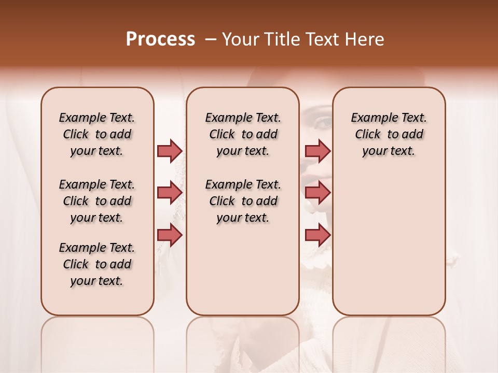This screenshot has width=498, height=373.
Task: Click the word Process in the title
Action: click(x=160, y=39)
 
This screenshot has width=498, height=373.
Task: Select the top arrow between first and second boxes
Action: click(x=170, y=151)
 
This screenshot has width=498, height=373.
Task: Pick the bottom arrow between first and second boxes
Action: click(x=170, y=235)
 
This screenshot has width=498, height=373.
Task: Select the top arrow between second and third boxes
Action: click(x=317, y=151)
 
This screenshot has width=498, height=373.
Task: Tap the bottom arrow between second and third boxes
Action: click(x=317, y=235)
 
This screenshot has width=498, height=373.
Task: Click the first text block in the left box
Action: click(x=97, y=134)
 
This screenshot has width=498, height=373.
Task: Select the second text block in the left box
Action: click(x=97, y=201)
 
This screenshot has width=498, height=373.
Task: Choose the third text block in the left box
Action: click(x=97, y=264)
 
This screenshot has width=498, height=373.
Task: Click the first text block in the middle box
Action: click(x=243, y=134)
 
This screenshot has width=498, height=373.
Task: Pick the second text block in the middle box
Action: click(x=243, y=201)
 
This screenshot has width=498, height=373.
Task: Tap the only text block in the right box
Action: click(x=389, y=134)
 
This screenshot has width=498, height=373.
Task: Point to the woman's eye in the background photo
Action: click(x=323, y=122)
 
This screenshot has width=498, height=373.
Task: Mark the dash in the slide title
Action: click(x=210, y=39)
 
